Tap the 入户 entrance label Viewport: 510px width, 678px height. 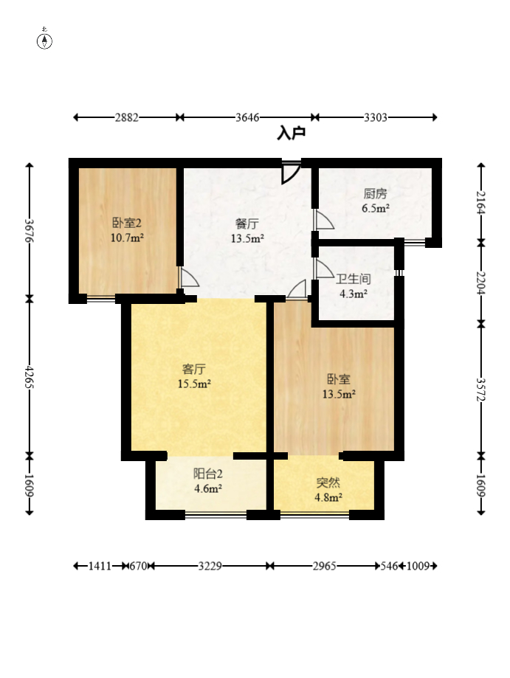point(291,134)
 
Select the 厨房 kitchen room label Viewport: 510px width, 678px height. point(375,193)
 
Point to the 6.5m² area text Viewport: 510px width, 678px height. point(376,208)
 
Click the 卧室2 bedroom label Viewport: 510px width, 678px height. point(127,223)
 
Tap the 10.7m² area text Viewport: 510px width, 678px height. point(127,238)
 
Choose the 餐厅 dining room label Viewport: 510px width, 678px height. point(247,224)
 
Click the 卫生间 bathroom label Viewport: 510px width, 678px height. point(354,279)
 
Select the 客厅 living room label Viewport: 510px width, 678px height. point(194,369)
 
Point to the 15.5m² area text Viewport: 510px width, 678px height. point(194,384)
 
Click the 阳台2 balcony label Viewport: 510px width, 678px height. point(207,474)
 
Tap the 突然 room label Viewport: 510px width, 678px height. point(328,482)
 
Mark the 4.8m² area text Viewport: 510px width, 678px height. point(328,497)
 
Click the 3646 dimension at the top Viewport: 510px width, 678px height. point(247,117)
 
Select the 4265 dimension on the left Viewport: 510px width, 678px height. point(30,376)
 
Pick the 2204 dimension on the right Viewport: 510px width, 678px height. point(481,283)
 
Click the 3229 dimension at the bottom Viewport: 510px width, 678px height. point(210,566)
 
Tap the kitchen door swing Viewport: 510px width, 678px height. point(324,220)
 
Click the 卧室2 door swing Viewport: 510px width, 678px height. point(189,277)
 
